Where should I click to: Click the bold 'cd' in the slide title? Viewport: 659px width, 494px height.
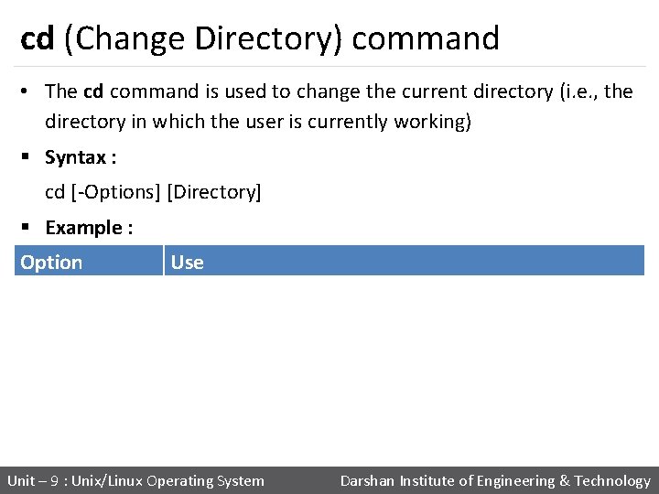click(x=37, y=38)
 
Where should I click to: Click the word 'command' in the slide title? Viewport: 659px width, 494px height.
click(x=426, y=38)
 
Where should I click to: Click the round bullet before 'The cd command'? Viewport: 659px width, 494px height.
click(x=27, y=91)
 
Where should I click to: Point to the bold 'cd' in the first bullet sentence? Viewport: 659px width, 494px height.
click(x=93, y=91)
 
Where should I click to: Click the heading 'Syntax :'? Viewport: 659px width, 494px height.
click(x=81, y=157)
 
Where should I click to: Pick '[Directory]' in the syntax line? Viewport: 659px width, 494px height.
click(x=214, y=192)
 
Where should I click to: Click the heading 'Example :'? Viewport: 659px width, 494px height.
click(x=89, y=228)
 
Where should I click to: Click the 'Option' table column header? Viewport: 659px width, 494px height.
click(x=51, y=263)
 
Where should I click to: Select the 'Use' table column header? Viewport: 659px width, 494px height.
click(x=187, y=263)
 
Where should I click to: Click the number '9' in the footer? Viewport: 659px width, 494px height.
click(x=54, y=481)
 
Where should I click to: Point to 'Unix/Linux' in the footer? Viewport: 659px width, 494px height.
click(x=107, y=481)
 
